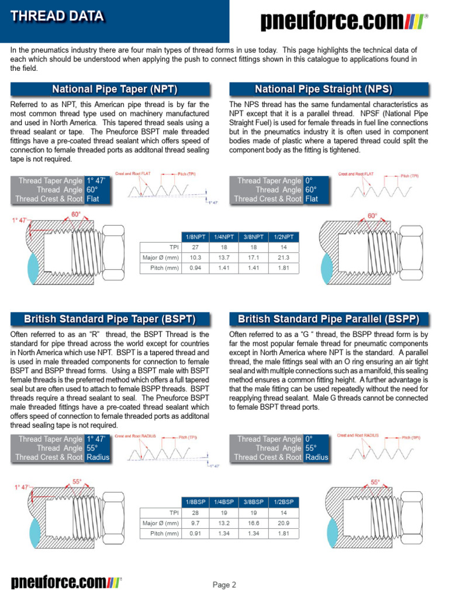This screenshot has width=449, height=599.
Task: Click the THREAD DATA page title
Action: (57, 16)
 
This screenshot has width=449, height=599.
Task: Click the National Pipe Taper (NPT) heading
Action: (115, 89)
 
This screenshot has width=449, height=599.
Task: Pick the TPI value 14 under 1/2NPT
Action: (284, 247)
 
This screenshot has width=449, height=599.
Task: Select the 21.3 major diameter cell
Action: (284, 257)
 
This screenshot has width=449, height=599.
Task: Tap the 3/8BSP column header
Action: (254, 502)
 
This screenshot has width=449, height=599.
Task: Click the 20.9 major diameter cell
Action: (284, 523)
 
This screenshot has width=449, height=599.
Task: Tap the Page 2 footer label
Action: (224, 584)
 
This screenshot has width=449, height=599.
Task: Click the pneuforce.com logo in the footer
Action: (66, 582)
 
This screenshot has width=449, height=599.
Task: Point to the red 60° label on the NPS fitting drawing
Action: (372, 216)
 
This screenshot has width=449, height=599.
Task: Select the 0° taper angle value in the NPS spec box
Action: (308, 181)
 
